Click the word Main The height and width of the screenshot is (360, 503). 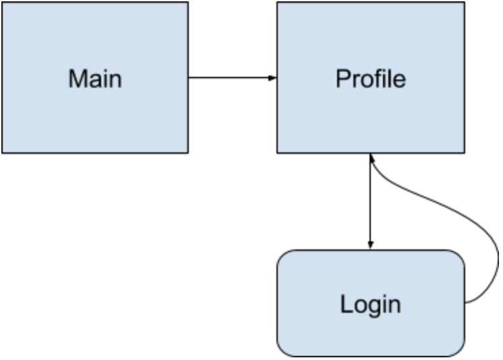pyautogui.click(x=95, y=79)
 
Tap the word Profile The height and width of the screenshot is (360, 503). pyautogui.click(x=371, y=79)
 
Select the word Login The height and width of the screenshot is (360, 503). pyautogui.click(x=371, y=305)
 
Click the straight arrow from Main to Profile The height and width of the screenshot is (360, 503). pyautogui.click(x=233, y=78)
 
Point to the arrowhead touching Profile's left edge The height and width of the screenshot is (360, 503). pyautogui.click(x=272, y=78)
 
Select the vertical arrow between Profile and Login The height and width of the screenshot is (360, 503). pyautogui.click(x=371, y=202)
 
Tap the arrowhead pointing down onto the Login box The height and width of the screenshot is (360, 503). pyautogui.click(x=371, y=245)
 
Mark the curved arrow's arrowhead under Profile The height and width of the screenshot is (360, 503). pyautogui.click(x=372, y=158)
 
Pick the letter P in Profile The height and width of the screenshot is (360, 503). pyautogui.click(x=343, y=79)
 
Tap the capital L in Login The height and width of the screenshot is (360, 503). pyautogui.click(x=346, y=303)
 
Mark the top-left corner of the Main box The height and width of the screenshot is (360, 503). pyautogui.click(x=2, y=2)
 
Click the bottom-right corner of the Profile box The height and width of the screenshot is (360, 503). pyautogui.click(x=465, y=153)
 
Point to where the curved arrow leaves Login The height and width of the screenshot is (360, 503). pyautogui.click(x=465, y=302)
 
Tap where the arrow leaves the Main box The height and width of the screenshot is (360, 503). pyautogui.click(x=188, y=78)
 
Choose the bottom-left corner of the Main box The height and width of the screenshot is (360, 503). pyautogui.click(x=2, y=153)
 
